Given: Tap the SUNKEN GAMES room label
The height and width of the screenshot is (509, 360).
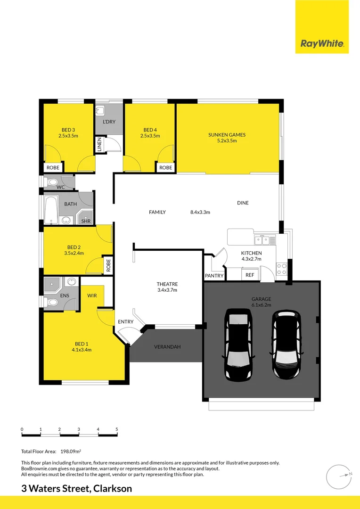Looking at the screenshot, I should point(227,135).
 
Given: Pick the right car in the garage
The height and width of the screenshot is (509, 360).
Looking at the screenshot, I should point(286,344).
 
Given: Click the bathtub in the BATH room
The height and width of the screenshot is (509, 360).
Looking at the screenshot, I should point(51,211).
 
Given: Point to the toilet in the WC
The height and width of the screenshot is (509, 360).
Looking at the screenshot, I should point(52,181).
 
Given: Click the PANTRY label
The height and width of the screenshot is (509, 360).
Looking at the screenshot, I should point(213,276).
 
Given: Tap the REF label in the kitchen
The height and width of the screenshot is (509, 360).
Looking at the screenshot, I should point(250,275).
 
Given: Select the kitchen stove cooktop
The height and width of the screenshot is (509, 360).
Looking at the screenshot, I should point(281,269).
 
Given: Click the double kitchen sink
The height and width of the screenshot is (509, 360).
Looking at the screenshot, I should point(262,240).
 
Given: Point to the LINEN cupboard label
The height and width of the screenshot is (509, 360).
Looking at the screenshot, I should point(99,144).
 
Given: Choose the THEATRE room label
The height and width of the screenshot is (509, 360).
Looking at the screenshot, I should point(167,284).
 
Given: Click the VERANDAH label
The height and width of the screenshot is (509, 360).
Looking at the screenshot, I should point(167,347).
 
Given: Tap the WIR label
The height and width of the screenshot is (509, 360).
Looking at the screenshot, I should point(92,296).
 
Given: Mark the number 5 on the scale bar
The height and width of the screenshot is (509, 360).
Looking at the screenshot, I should point(116,429).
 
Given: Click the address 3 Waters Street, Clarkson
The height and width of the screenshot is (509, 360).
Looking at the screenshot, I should point(77,489).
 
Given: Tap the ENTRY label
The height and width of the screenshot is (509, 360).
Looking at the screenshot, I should point(126,322).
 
